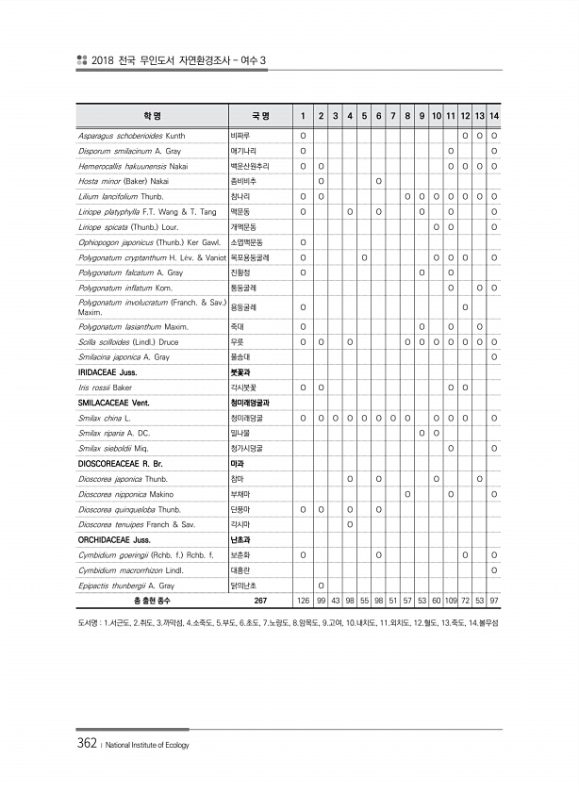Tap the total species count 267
click(x=261, y=601)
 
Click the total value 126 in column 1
click(x=303, y=601)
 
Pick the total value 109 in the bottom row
click(x=451, y=601)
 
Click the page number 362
click(x=87, y=744)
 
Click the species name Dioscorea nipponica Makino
click(x=126, y=494)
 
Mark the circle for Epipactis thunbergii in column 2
click(x=322, y=586)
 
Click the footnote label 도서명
click(x=90, y=623)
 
